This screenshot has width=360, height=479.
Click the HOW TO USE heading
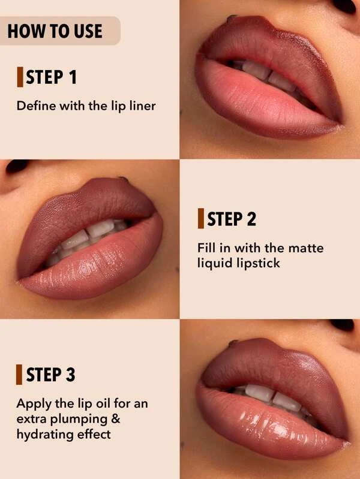click(x=55, y=31)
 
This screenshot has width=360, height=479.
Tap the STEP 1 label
click(x=51, y=77)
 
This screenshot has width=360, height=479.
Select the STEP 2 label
click(x=232, y=218)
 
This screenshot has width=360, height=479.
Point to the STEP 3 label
click(x=50, y=374)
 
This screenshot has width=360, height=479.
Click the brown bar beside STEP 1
click(x=20, y=77)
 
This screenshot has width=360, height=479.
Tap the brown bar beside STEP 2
click(x=200, y=218)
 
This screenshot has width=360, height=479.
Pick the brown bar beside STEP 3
click(x=19, y=374)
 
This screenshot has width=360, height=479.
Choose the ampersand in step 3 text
click(x=116, y=419)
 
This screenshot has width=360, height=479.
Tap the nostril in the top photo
click(x=345, y=5)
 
